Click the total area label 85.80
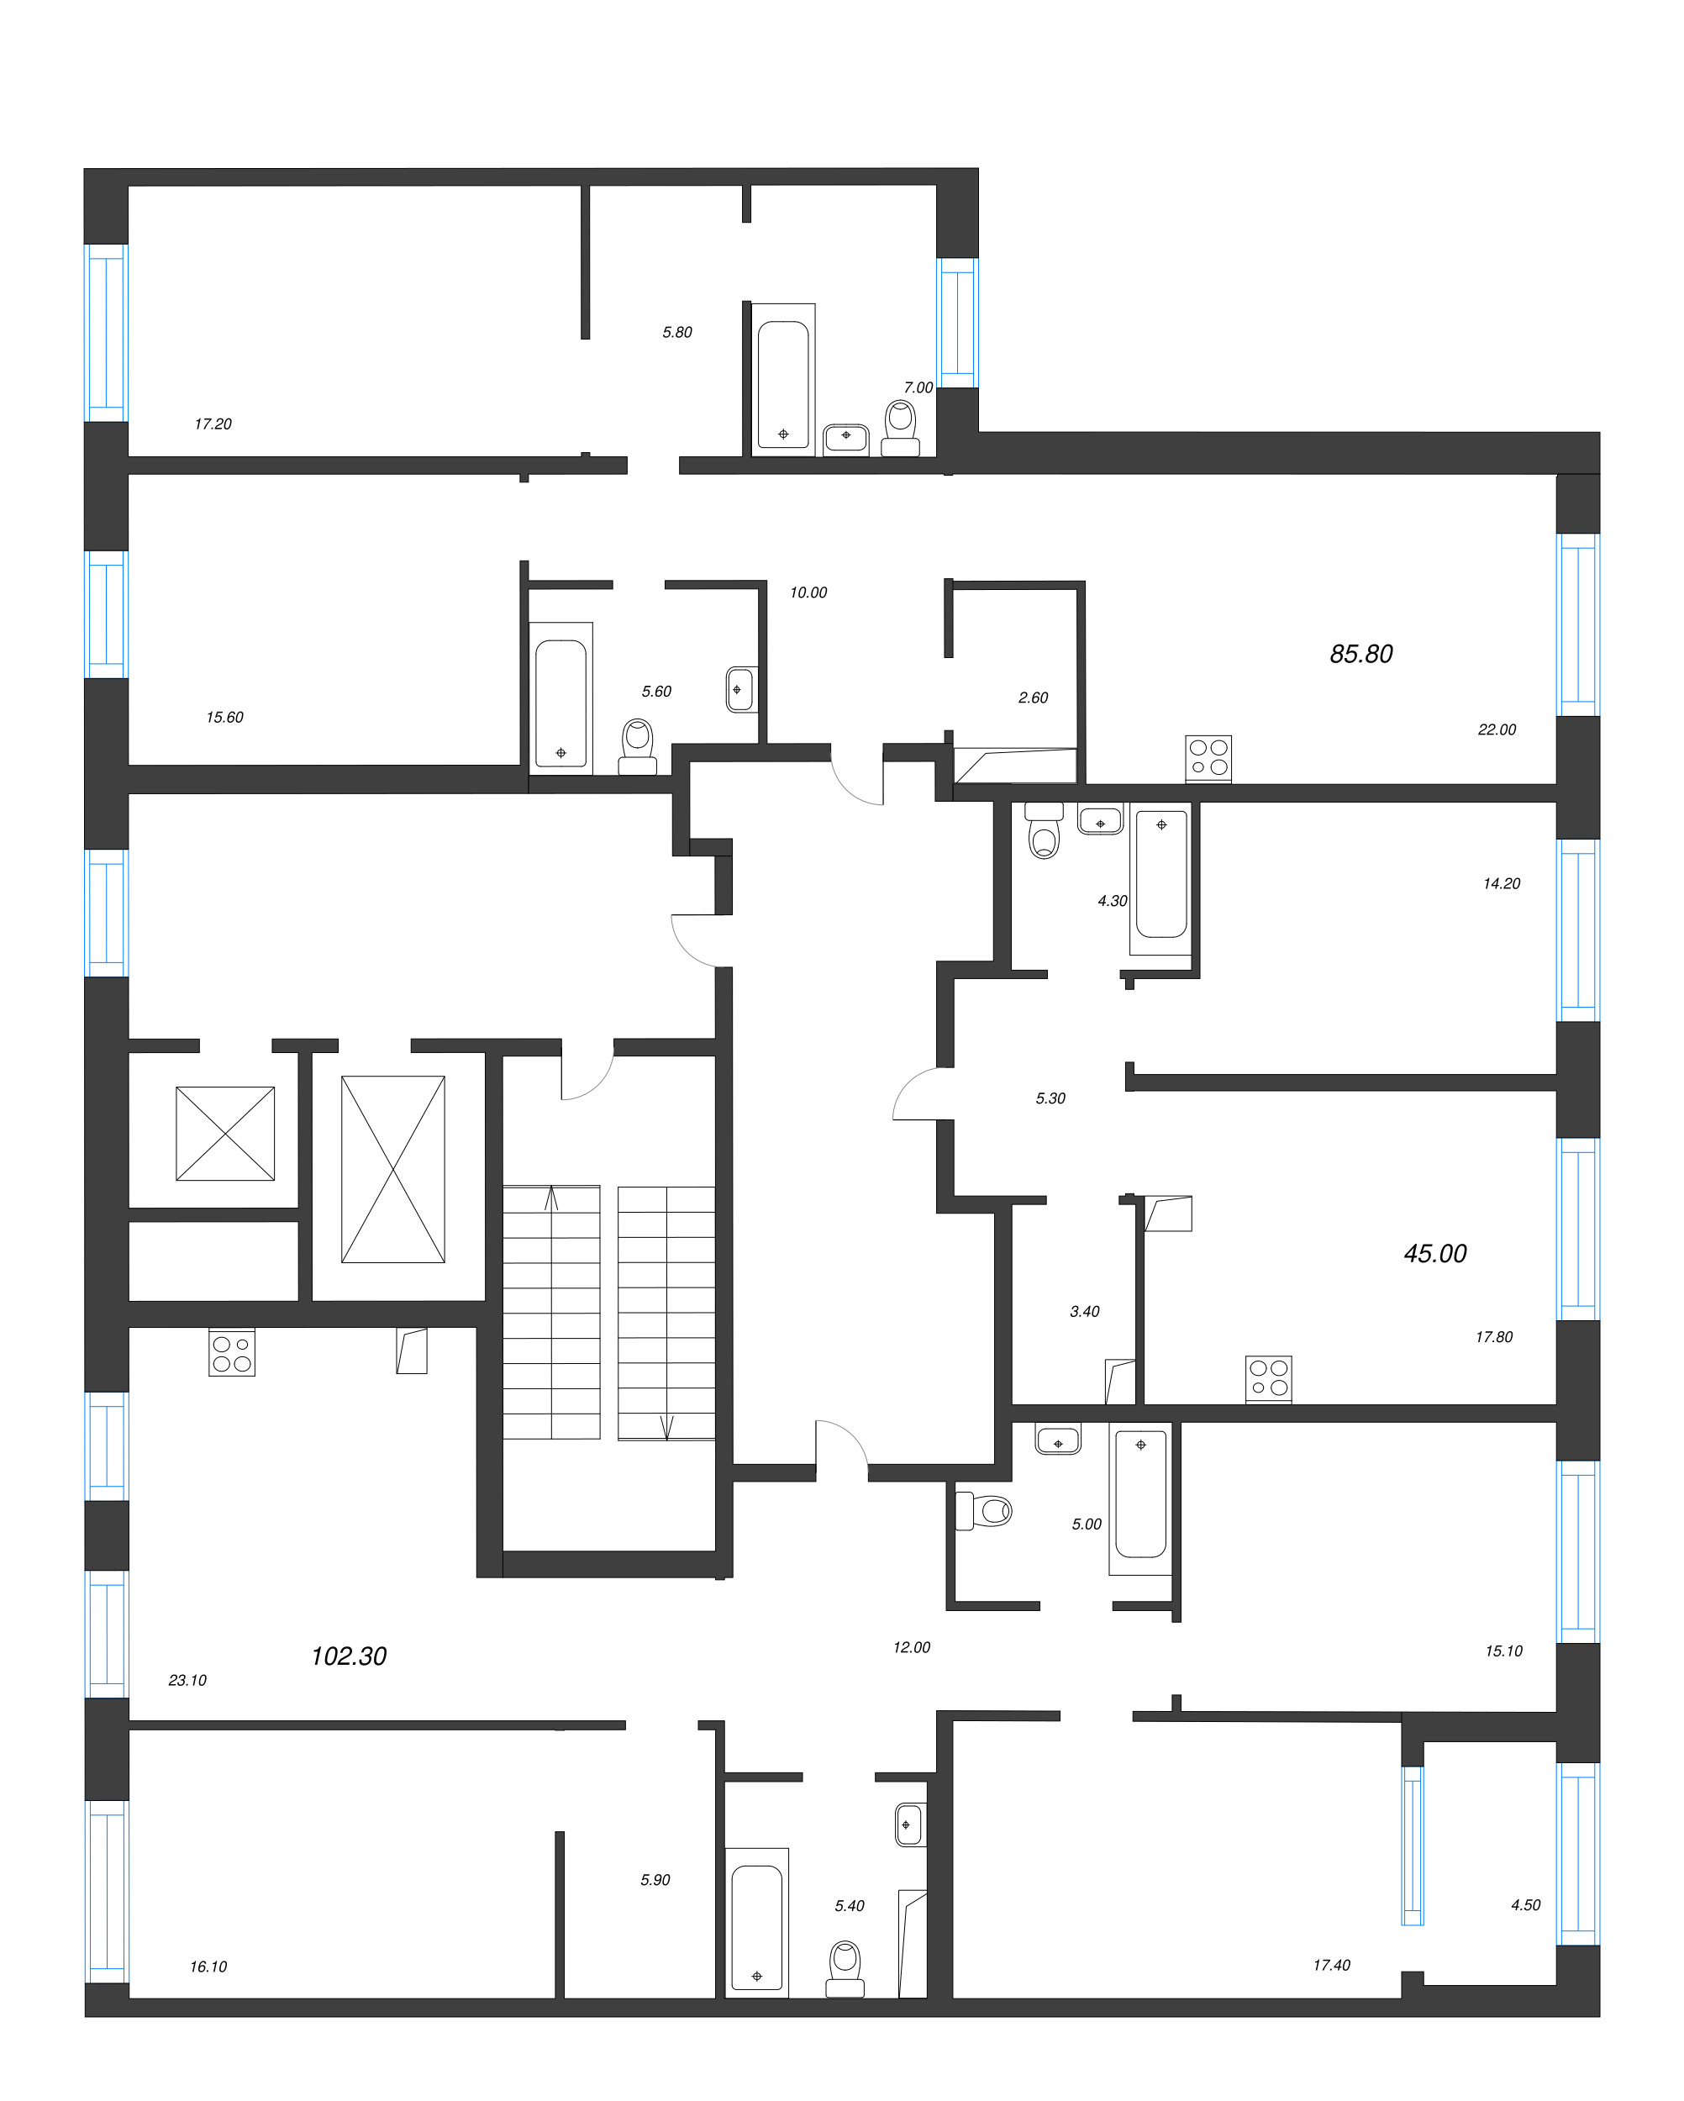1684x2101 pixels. click(x=1360, y=654)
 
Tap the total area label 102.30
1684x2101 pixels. click(x=349, y=1656)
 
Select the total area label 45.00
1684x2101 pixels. click(x=1434, y=1253)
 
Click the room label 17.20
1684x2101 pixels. click(x=213, y=424)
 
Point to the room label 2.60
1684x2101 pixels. click(x=1033, y=698)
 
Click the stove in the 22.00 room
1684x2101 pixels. click(x=1208, y=758)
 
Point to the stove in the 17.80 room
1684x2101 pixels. click(x=1269, y=1379)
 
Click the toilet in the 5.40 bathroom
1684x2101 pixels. click(x=845, y=1968)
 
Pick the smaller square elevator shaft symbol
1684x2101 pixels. click(x=225, y=1134)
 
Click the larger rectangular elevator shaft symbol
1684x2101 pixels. click(x=392, y=1169)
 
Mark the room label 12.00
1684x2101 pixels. click(x=911, y=1647)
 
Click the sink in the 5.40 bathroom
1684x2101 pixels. click(x=909, y=1825)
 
